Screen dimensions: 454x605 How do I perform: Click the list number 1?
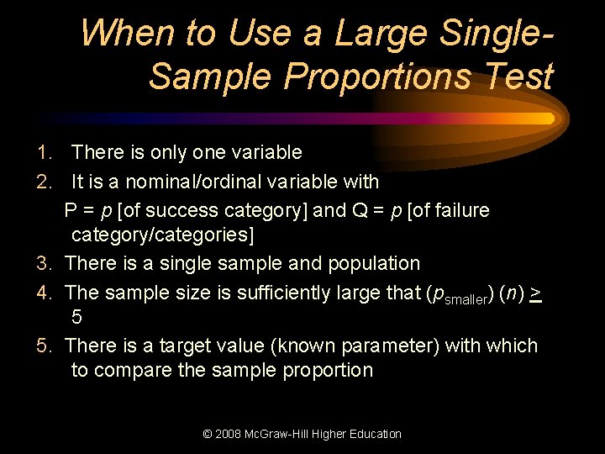point(45,153)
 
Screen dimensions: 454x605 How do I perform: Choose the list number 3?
point(45,264)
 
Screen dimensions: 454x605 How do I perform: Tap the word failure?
point(460,210)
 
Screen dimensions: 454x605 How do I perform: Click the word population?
point(371,264)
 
